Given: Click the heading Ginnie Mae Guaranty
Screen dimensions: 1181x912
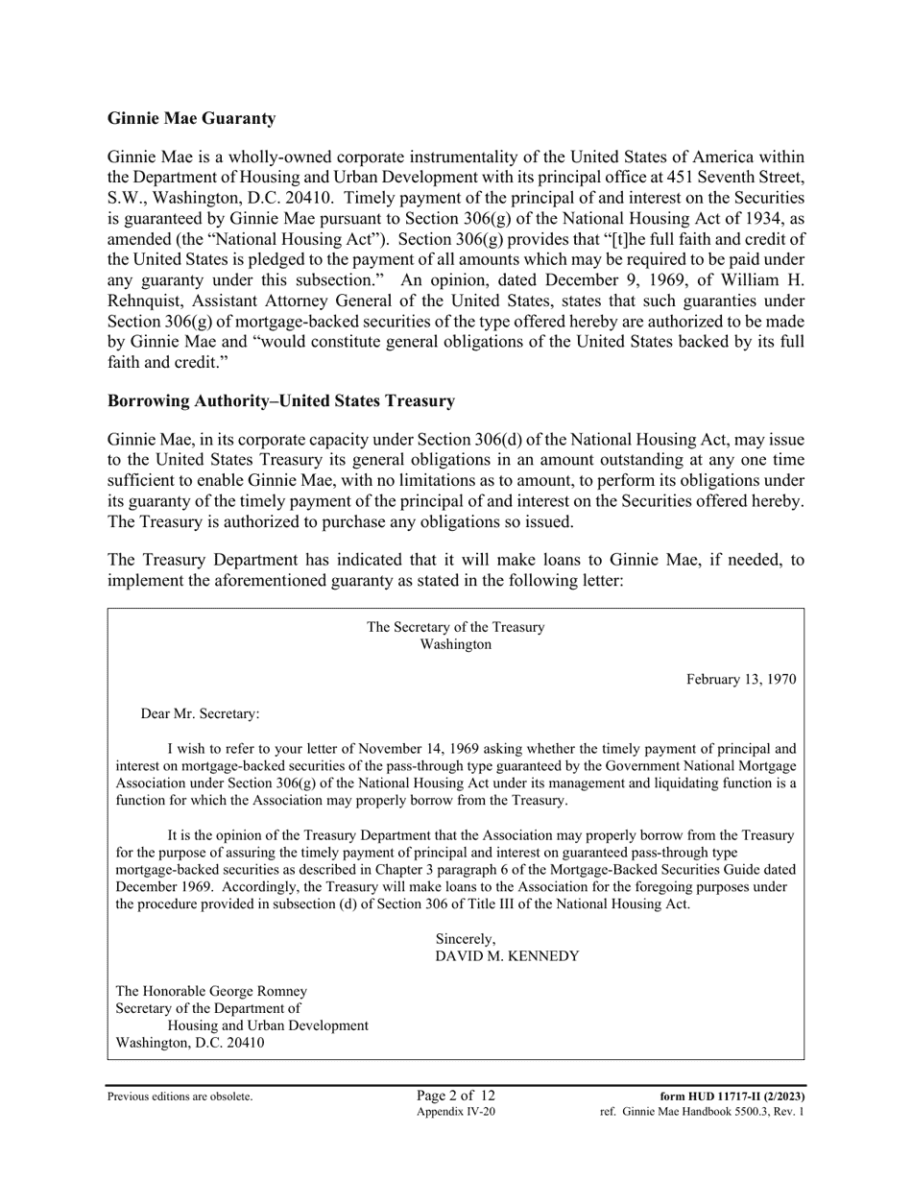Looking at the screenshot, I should coord(191,118).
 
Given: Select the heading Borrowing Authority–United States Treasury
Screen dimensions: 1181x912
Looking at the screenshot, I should coord(281,400).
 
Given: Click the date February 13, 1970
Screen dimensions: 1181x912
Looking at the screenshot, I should coord(740,679).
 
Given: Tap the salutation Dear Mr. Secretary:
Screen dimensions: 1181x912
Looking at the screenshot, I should coord(200,713).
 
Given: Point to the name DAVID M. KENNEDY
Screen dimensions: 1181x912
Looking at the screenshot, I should coord(507,956).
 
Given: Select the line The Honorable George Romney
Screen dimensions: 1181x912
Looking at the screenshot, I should coord(211,991).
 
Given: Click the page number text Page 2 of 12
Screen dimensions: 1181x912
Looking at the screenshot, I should coord(456,1096).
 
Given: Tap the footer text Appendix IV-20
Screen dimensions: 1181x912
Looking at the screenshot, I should coord(456,1112).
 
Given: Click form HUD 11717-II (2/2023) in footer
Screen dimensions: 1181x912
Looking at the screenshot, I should coord(732,1097).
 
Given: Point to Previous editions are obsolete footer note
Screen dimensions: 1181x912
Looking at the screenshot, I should coord(180,1097).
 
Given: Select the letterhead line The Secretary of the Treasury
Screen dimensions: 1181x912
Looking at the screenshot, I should coord(455,627).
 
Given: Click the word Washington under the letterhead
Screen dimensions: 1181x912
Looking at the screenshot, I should coord(455,644).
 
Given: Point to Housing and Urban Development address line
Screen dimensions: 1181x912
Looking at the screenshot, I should coord(268,1025).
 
